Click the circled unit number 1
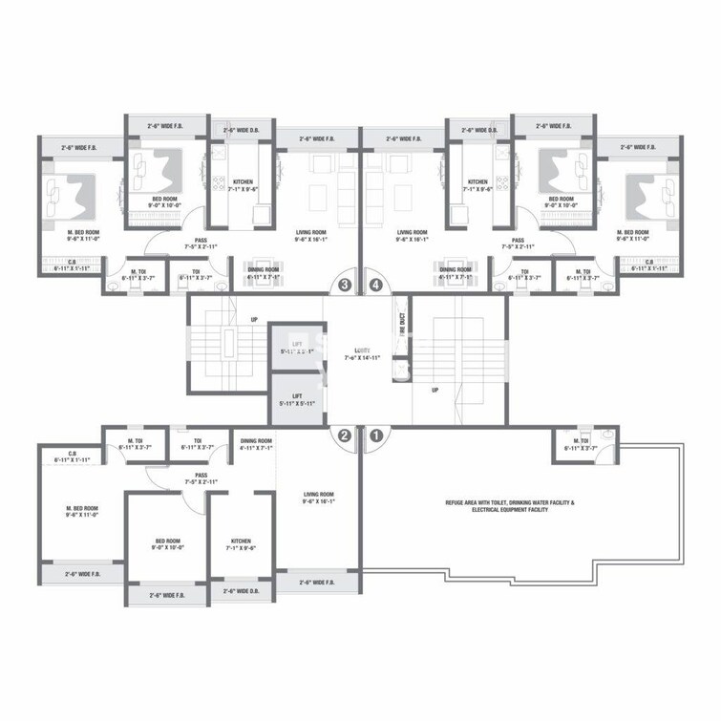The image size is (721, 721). coord(376,435)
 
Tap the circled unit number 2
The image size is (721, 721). coord(345,435)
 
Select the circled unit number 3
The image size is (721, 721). coord(345,285)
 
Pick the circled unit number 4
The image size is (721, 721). coord(376,285)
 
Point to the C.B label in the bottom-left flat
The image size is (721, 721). coord(73,456)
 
